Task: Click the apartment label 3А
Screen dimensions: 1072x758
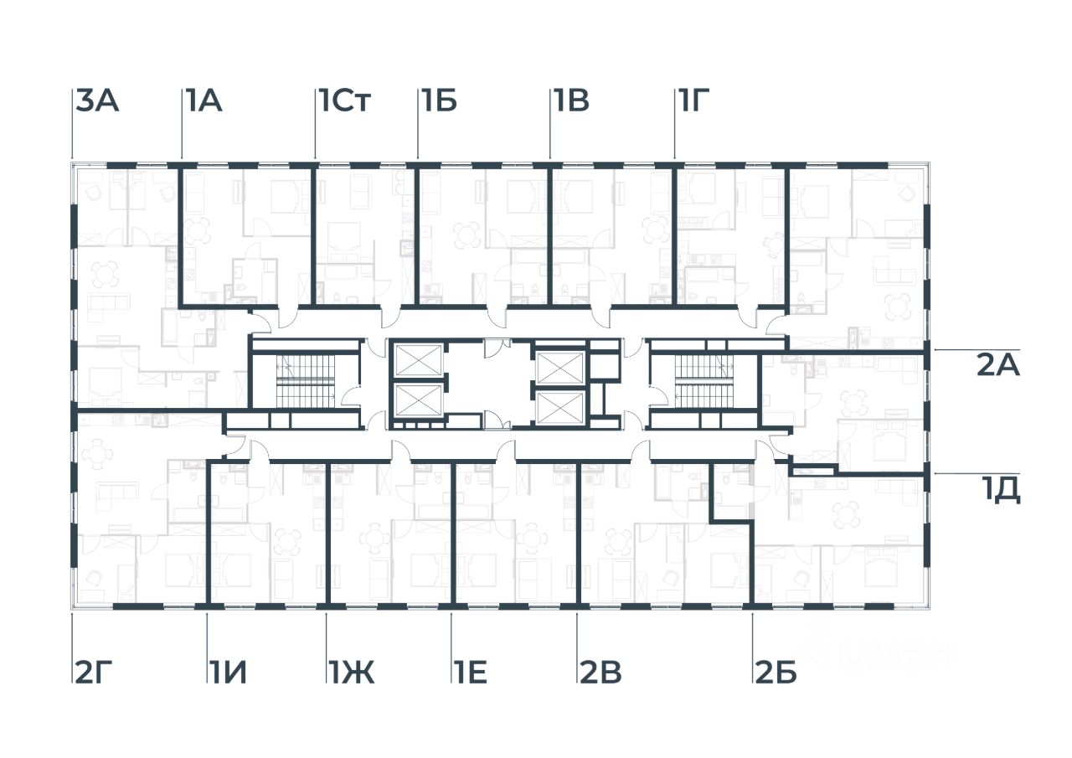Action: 98,102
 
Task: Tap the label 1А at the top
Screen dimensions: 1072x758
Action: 203,102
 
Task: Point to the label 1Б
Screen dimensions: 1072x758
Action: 439,102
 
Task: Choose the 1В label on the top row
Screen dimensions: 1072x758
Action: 570,102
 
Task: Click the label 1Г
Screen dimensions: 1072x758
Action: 694,102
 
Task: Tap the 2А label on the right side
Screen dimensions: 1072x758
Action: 998,366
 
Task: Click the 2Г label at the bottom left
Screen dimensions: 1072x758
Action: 93,673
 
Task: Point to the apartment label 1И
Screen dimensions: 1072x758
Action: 228,673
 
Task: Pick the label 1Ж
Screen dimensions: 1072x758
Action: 351,673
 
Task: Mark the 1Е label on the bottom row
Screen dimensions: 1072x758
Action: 471,673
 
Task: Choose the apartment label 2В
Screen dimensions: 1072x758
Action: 600,673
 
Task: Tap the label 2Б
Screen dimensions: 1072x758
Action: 775,673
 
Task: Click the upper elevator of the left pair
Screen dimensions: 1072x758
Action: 417,361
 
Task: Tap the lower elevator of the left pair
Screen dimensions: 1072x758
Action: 417,401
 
